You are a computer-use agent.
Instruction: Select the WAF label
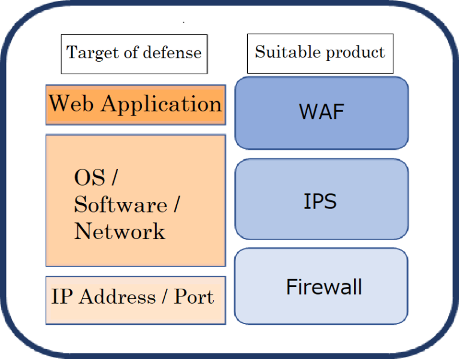click(321, 111)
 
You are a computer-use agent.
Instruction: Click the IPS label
click(320, 201)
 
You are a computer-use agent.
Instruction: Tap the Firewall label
click(324, 287)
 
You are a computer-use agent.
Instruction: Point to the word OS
click(89, 178)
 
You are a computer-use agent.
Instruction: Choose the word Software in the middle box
click(120, 205)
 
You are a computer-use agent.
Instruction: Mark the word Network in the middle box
click(119, 231)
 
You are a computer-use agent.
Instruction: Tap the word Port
click(194, 297)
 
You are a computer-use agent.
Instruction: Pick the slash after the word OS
click(115, 178)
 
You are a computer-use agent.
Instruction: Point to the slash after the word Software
click(176, 205)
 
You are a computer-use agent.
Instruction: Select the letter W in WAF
click(308, 111)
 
